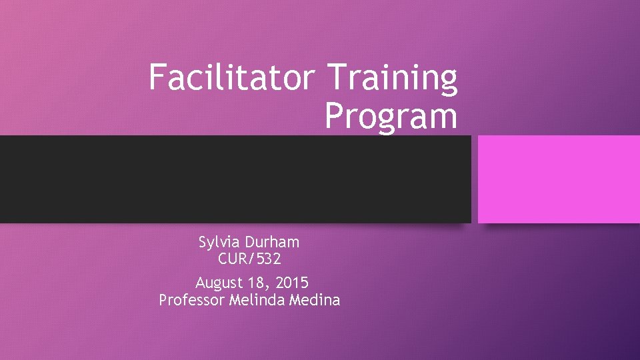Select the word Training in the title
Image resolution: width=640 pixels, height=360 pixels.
point(393,78)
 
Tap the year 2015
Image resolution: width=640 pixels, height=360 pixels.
point(292,282)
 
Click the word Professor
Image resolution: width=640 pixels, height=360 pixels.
point(192,300)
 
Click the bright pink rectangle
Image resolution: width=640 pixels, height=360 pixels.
point(559,179)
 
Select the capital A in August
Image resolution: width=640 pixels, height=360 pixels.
point(201,282)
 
